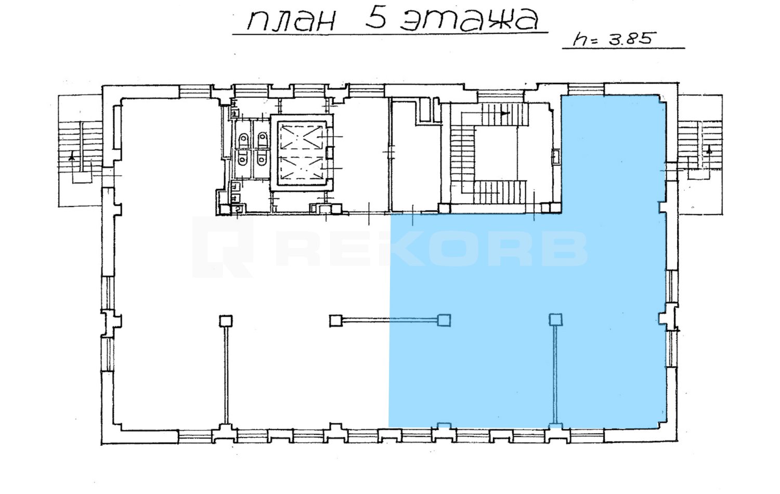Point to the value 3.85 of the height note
(630, 38)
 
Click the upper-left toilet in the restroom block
(244, 140)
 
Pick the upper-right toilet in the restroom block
(262, 140)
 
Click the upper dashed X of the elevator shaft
(302, 137)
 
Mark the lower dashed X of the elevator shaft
(302, 169)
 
